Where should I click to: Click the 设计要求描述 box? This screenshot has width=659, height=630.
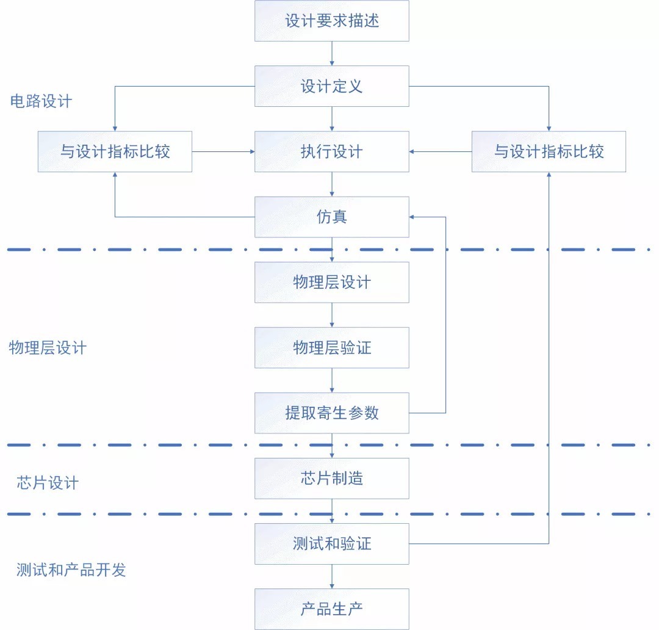[331, 21]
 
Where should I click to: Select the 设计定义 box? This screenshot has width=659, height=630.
[331, 86]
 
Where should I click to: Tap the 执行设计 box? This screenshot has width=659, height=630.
[331, 151]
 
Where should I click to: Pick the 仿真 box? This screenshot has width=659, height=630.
[331, 217]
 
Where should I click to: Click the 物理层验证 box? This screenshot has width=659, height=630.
[331, 348]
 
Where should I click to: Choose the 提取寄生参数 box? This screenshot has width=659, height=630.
[331, 413]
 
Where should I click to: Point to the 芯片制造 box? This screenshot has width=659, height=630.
[331, 478]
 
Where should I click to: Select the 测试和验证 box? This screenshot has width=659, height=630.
[331, 543]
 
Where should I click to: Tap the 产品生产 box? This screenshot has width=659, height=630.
[331, 609]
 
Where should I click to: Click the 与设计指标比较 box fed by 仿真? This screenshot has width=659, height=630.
[115, 151]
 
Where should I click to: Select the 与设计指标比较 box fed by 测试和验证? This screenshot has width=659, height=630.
[549, 151]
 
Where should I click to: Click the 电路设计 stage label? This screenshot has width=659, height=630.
[41, 101]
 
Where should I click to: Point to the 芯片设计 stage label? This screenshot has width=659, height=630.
[48, 483]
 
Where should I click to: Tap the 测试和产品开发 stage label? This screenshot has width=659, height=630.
[71, 570]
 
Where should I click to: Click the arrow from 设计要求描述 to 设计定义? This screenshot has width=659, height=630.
[332, 54]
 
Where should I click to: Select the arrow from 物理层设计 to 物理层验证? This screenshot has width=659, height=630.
[332, 315]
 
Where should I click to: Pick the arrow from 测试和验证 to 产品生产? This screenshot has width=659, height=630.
[332, 576]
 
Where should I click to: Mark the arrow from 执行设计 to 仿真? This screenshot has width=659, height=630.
[332, 184]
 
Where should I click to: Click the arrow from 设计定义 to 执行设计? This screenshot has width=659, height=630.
[332, 119]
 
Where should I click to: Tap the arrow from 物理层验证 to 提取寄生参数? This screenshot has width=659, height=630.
[332, 380]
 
